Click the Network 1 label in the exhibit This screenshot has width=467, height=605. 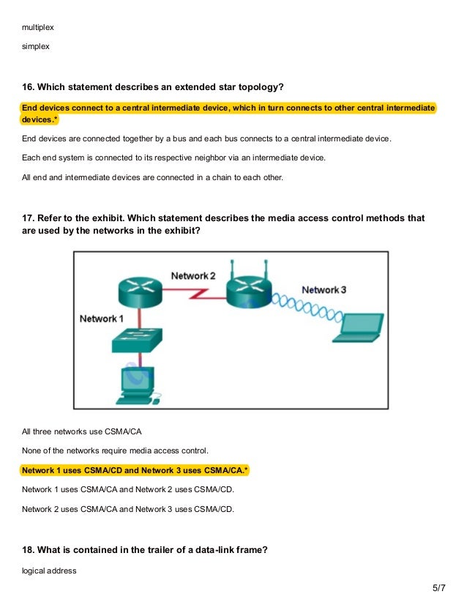pos(102,319)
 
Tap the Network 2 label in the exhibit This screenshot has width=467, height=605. pos(193,275)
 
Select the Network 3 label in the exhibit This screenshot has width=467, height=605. pos(324,290)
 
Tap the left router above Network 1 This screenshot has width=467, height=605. pos(139,291)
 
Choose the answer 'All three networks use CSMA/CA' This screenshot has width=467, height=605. pos(81,431)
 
